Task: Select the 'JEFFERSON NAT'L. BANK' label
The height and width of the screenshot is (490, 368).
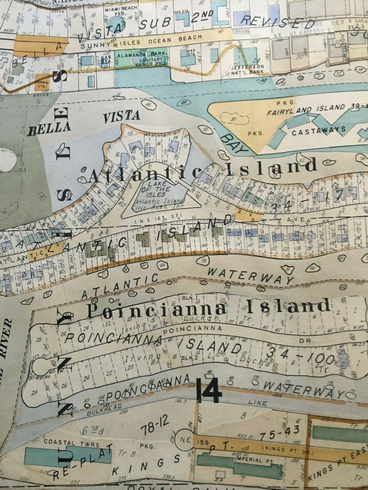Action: click(x=249, y=69)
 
